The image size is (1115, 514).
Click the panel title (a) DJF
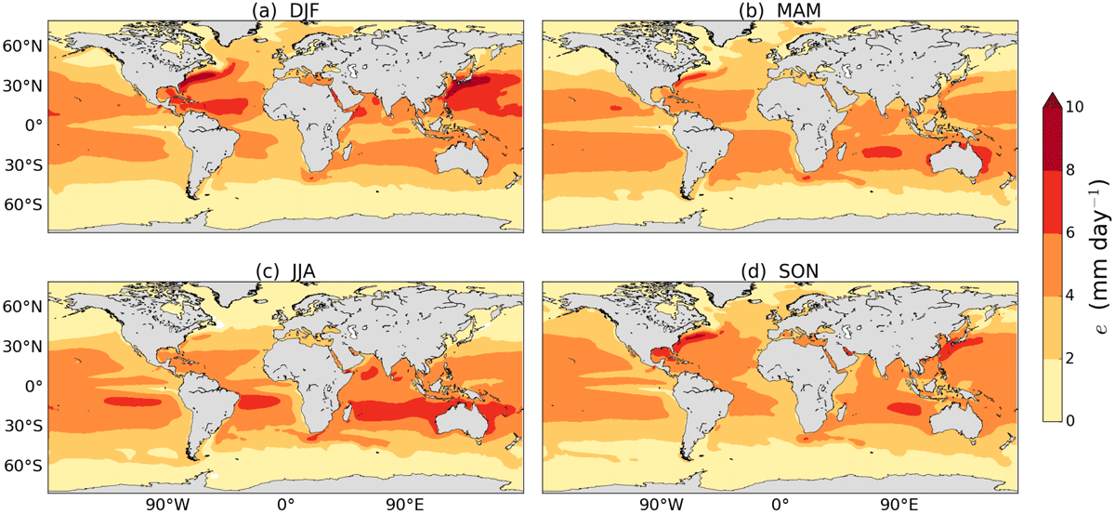click(285, 10)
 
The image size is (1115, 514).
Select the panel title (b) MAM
click(780, 10)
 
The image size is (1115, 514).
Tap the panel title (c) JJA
click(285, 271)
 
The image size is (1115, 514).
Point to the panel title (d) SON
click(780, 271)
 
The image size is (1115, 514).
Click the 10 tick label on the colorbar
click(1075, 106)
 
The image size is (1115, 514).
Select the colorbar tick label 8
click(1070, 170)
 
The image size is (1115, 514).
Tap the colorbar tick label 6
click(1070, 232)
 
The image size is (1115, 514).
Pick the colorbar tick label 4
click(1070, 296)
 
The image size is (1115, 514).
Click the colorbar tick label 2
click(1070, 358)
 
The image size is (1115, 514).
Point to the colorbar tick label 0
click(1070, 421)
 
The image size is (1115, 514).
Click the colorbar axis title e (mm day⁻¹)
click(1099, 263)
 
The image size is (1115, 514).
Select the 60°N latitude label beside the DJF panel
click(23, 46)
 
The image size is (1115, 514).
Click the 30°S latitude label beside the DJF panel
click(23, 165)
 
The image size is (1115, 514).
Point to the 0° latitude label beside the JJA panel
click(33, 386)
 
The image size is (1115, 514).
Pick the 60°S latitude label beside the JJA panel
click(23, 466)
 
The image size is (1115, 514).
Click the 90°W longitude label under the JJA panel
click(168, 505)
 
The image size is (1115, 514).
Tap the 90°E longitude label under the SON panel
click(899, 505)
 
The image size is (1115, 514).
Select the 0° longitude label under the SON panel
click(780, 505)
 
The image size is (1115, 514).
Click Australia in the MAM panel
click(956, 159)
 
